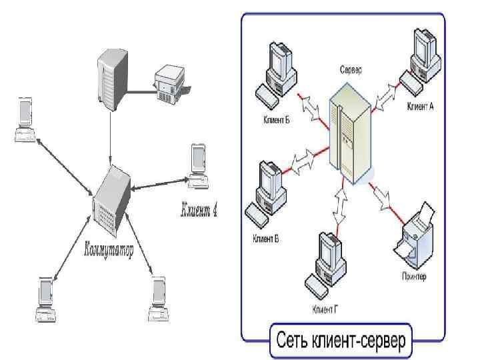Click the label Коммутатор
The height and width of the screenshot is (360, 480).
[108, 251]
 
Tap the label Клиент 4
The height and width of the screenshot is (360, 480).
[199, 212]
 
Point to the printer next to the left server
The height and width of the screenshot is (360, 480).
[168, 83]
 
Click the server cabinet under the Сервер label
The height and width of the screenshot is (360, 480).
[351, 136]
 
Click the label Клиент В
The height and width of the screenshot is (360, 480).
[265, 237]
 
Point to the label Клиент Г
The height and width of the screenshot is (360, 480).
[327, 309]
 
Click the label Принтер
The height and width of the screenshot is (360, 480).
[414, 276]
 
